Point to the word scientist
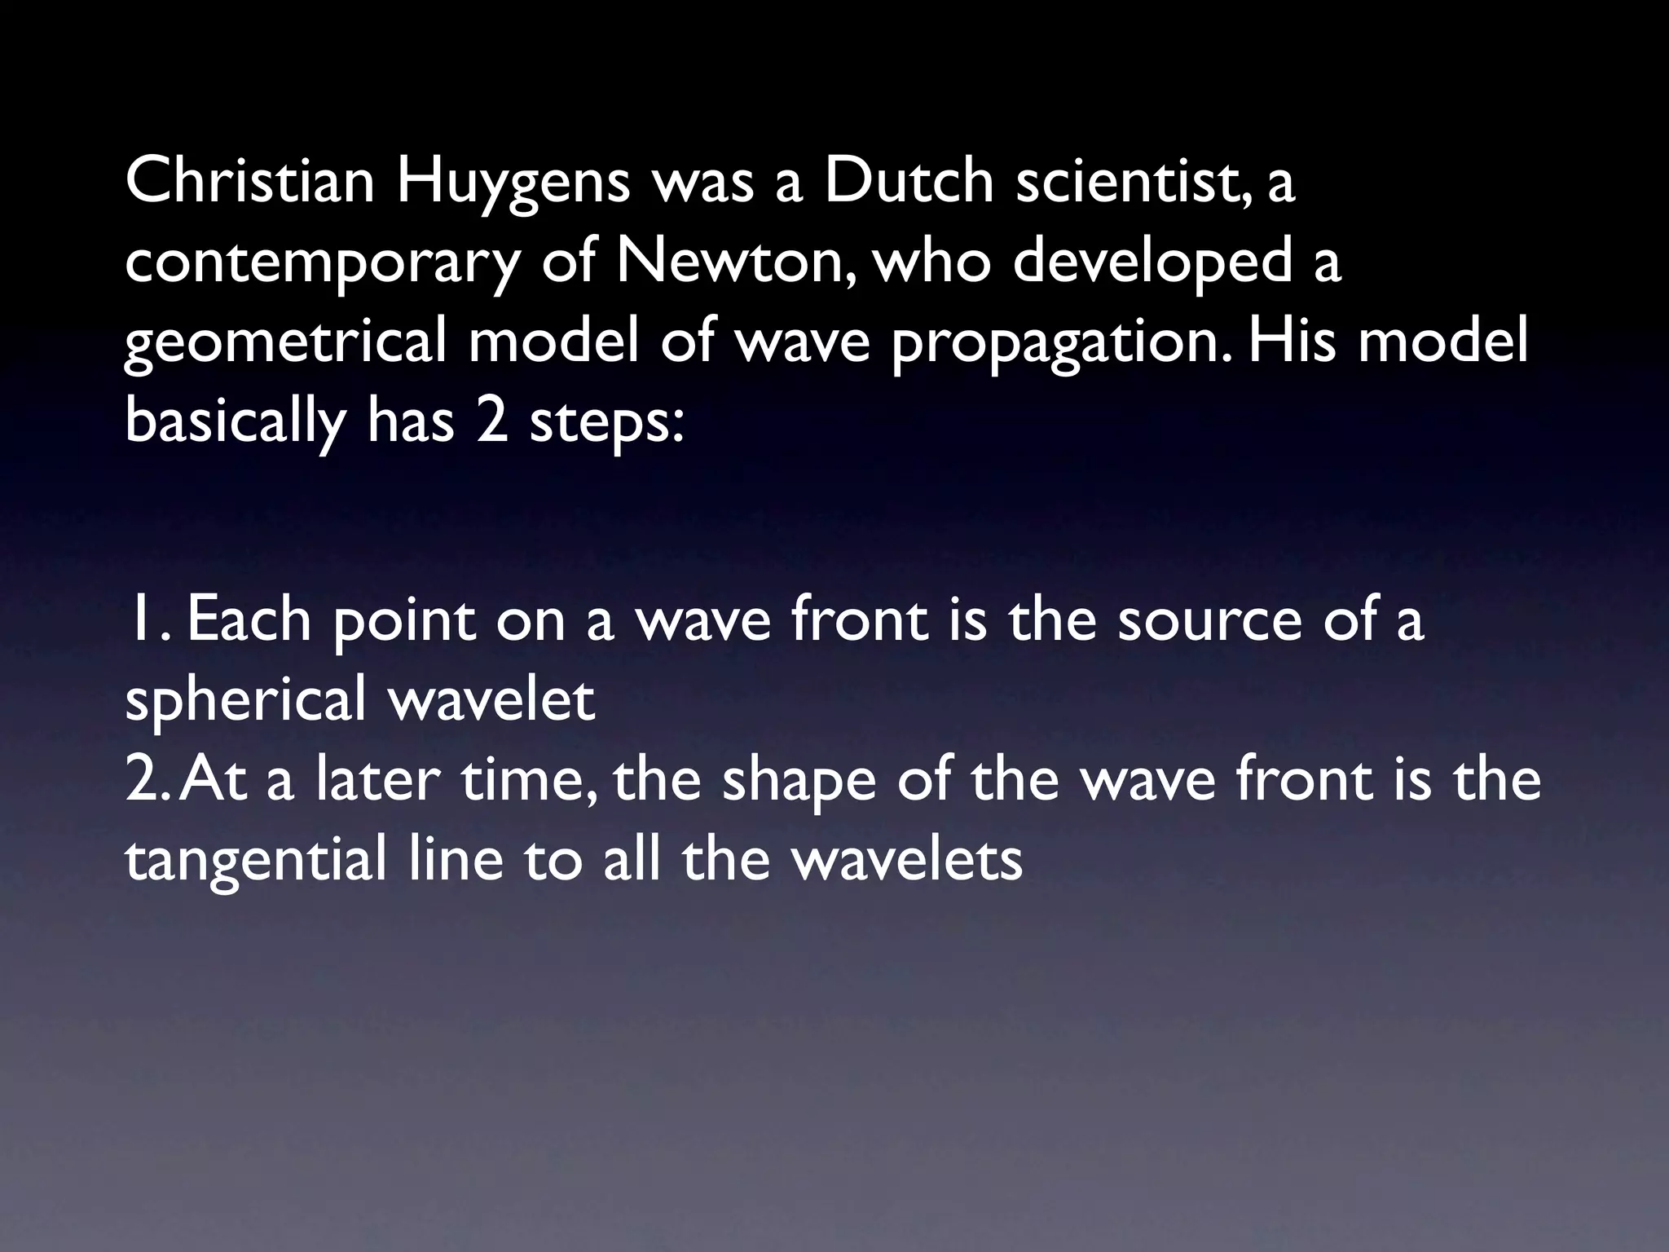click(1129, 182)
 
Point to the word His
click(1292, 342)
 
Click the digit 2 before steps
click(492, 421)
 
